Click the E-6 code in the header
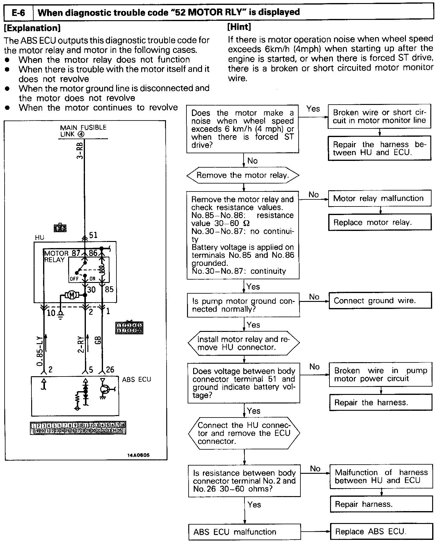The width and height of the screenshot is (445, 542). pyautogui.click(x=18, y=13)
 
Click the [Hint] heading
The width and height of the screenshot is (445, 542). pyautogui.click(x=239, y=27)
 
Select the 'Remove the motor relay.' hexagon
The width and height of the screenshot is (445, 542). pyautogui.click(x=243, y=175)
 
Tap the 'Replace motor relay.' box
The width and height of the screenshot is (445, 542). pyautogui.click(x=380, y=222)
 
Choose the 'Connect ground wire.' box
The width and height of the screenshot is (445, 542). pyautogui.click(x=380, y=301)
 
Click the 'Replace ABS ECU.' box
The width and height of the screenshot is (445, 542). pyautogui.click(x=381, y=531)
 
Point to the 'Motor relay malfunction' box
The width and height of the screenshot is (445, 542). pyautogui.click(x=380, y=198)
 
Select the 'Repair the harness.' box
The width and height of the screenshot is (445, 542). pyautogui.click(x=381, y=402)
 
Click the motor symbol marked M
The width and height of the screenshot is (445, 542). pyautogui.click(x=72, y=295)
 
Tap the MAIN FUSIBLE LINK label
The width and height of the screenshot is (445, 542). pyautogui.click(x=83, y=131)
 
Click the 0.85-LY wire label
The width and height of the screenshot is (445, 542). pyautogui.click(x=39, y=351)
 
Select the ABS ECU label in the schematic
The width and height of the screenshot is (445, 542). pyautogui.click(x=136, y=379)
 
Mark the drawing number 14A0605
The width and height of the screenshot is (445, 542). pyautogui.click(x=138, y=455)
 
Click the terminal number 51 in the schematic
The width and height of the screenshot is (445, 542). pyautogui.click(x=93, y=235)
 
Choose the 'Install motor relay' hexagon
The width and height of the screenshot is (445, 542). pyautogui.click(x=244, y=343)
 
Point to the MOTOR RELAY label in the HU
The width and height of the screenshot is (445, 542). pyautogui.click(x=56, y=256)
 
